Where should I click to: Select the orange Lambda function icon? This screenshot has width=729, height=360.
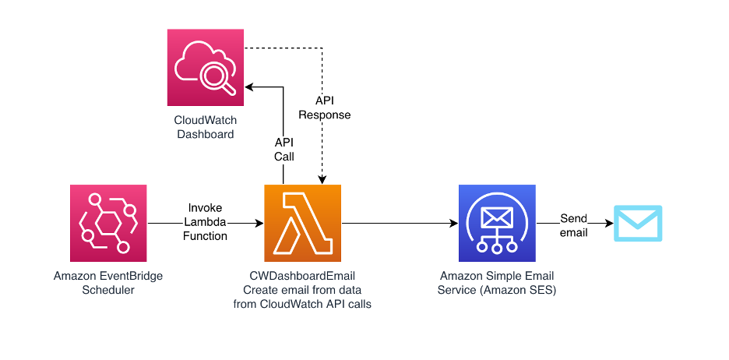303,223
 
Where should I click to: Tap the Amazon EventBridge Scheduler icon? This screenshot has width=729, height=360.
108,223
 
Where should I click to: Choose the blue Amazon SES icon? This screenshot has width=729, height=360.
497,223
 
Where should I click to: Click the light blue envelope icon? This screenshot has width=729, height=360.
638,223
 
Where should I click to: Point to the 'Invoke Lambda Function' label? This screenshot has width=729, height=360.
206,222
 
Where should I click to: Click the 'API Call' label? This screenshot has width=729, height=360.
284,150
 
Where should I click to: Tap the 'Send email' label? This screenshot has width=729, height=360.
574,225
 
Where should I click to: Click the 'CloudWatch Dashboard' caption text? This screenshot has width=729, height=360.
206,128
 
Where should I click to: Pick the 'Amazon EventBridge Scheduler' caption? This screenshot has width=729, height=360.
108,283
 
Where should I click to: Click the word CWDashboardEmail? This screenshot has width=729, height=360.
302,276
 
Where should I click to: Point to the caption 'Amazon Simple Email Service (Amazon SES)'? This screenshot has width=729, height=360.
497,283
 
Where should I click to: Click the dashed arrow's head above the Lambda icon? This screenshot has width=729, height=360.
322,179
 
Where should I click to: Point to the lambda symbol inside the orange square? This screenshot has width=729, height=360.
303,223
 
